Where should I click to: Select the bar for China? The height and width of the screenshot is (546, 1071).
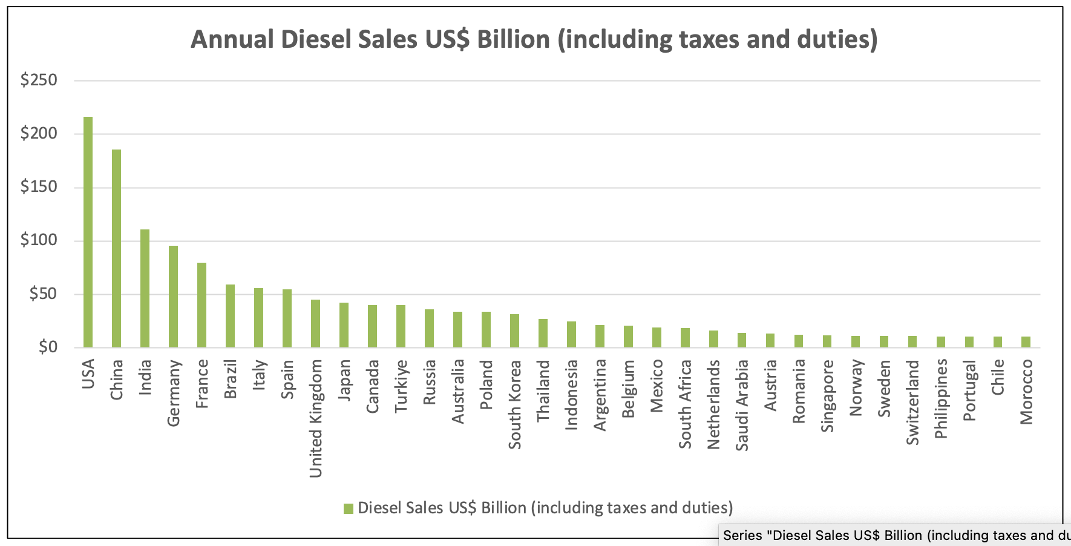point(116,248)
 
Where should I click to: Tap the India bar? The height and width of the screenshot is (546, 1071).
point(145,288)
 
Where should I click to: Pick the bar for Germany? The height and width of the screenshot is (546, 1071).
point(173,297)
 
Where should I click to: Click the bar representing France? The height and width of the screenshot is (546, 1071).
point(201,305)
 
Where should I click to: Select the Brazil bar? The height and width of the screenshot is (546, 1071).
point(230,316)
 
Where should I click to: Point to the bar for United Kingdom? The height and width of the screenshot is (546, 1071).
point(315,323)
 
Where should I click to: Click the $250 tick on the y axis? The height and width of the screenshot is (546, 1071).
point(39,80)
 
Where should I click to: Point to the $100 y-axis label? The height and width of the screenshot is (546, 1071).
point(39,240)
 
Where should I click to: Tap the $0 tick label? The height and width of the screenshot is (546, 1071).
point(47,347)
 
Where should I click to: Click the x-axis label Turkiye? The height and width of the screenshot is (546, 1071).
point(401,386)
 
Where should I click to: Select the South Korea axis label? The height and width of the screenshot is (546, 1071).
point(514,404)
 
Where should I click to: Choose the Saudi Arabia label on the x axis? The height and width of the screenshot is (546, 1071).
point(742,406)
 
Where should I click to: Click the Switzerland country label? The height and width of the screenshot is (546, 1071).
point(912,403)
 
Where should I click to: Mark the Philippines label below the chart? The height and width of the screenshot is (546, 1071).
point(941,399)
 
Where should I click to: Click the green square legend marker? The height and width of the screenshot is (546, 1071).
point(348,508)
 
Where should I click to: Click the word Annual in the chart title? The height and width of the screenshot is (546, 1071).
point(232,40)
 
